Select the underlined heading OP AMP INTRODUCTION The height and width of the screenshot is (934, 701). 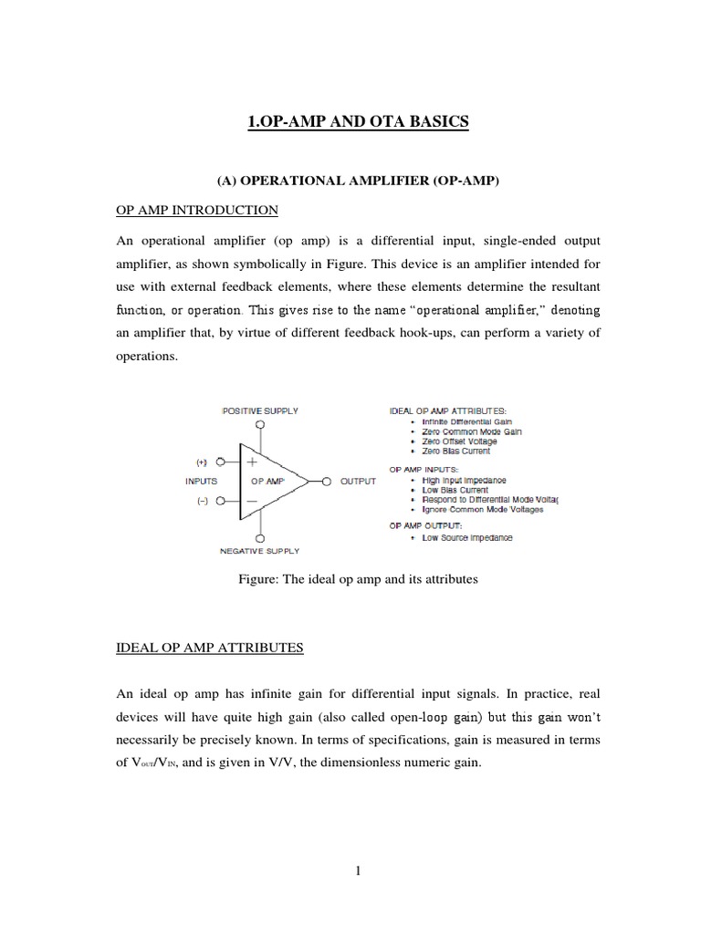pos(197,210)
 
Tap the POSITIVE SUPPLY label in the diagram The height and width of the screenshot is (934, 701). pos(261,410)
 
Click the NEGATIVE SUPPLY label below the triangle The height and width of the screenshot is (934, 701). pos(260,551)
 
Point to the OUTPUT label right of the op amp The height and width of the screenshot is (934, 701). pos(358,481)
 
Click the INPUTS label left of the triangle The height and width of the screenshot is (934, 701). pos(202,481)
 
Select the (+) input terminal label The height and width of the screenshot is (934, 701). pos(202,462)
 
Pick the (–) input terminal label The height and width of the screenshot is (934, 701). pos(202,503)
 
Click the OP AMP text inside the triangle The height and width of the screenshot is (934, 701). pos(264,481)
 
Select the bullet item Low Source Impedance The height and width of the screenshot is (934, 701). pos(466,538)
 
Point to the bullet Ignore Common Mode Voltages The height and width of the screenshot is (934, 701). pos(483,510)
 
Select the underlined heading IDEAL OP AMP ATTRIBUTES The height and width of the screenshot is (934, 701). pos(210,649)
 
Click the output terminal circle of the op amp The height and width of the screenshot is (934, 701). pos(326,481)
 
